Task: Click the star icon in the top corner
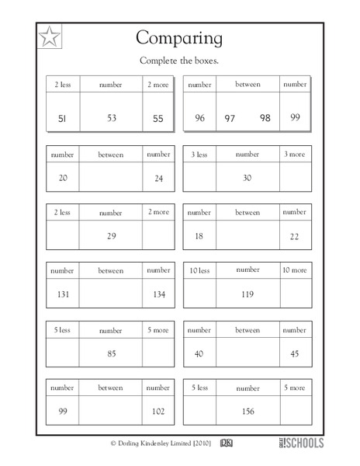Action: (x=50, y=35)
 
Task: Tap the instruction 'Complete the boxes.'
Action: (x=180, y=61)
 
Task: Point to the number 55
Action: (x=159, y=118)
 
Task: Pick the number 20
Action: (x=62, y=177)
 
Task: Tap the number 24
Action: (x=159, y=177)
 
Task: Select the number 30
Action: (x=248, y=177)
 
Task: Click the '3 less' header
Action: (x=199, y=155)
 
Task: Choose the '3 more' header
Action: (x=295, y=155)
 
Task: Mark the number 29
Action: (x=111, y=235)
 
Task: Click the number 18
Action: (x=199, y=235)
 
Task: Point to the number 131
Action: (x=62, y=294)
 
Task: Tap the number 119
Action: (x=248, y=294)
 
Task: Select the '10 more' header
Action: (x=295, y=270)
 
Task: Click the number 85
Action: (x=111, y=353)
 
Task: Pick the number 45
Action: (x=295, y=353)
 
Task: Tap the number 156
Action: (x=248, y=412)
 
